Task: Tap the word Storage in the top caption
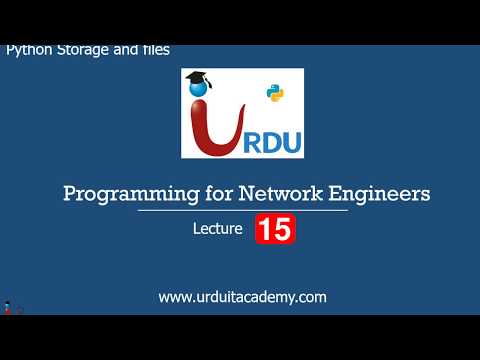click(x=81, y=49)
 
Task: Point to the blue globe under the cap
click(x=200, y=96)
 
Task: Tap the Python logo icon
click(x=275, y=93)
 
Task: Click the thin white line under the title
click(x=243, y=211)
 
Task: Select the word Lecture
click(x=218, y=230)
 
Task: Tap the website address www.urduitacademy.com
click(x=243, y=297)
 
